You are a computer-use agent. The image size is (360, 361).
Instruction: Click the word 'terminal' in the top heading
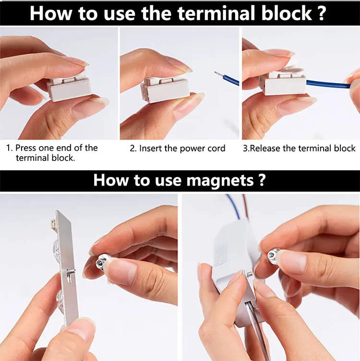[x=216, y=13]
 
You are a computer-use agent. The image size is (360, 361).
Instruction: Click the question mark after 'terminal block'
[x=322, y=13]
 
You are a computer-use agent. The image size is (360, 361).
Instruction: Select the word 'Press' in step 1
[x=26, y=148]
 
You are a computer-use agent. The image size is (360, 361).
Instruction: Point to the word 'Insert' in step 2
[x=151, y=148]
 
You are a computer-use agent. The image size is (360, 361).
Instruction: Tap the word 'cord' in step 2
[x=216, y=148]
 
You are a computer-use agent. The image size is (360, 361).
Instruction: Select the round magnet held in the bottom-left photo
[x=101, y=262]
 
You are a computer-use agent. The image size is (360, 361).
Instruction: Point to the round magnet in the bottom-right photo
[x=274, y=255]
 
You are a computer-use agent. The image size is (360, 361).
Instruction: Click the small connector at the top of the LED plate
[x=53, y=223]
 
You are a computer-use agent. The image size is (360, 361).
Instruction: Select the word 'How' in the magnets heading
[x=110, y=180]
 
